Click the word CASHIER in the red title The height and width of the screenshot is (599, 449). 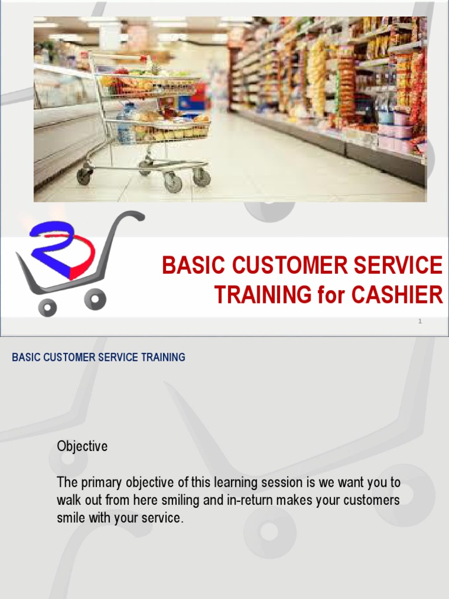click(397, 295)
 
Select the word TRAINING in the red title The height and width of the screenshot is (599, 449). click(263, 295)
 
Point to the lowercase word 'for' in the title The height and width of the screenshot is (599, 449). click(331, 295)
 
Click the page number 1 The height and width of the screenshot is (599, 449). click(420, 321)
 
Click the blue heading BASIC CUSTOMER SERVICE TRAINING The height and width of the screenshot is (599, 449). click(98, 357)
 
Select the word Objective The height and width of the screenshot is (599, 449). click(82, 446)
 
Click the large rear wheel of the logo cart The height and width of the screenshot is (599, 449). click(95, 299)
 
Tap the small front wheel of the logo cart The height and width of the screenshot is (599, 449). click(47, 307)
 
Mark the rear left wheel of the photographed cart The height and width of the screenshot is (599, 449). click(84, 175)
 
